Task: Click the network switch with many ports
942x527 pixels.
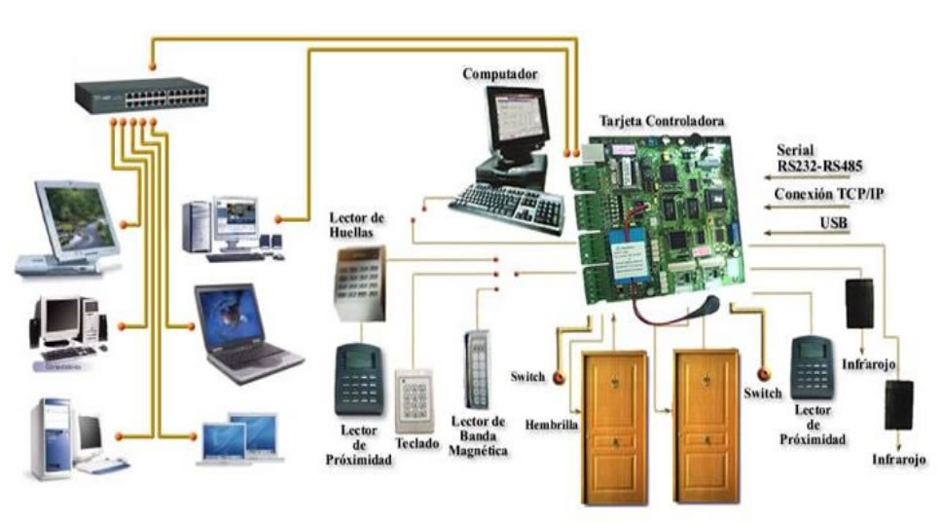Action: [142, 94]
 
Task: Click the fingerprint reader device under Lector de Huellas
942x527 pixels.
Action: [360, 282]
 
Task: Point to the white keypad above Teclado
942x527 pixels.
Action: [413, 399]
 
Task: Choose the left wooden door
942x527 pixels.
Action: [614, 426]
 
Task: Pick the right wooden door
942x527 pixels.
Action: [707, 426]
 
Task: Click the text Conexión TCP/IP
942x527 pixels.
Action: [829, 194]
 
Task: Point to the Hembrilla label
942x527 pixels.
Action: [552, 425]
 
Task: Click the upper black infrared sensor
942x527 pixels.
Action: [859, 303]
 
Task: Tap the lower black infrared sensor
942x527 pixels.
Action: [898, 404]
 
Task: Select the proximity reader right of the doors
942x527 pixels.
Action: [811, 367]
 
